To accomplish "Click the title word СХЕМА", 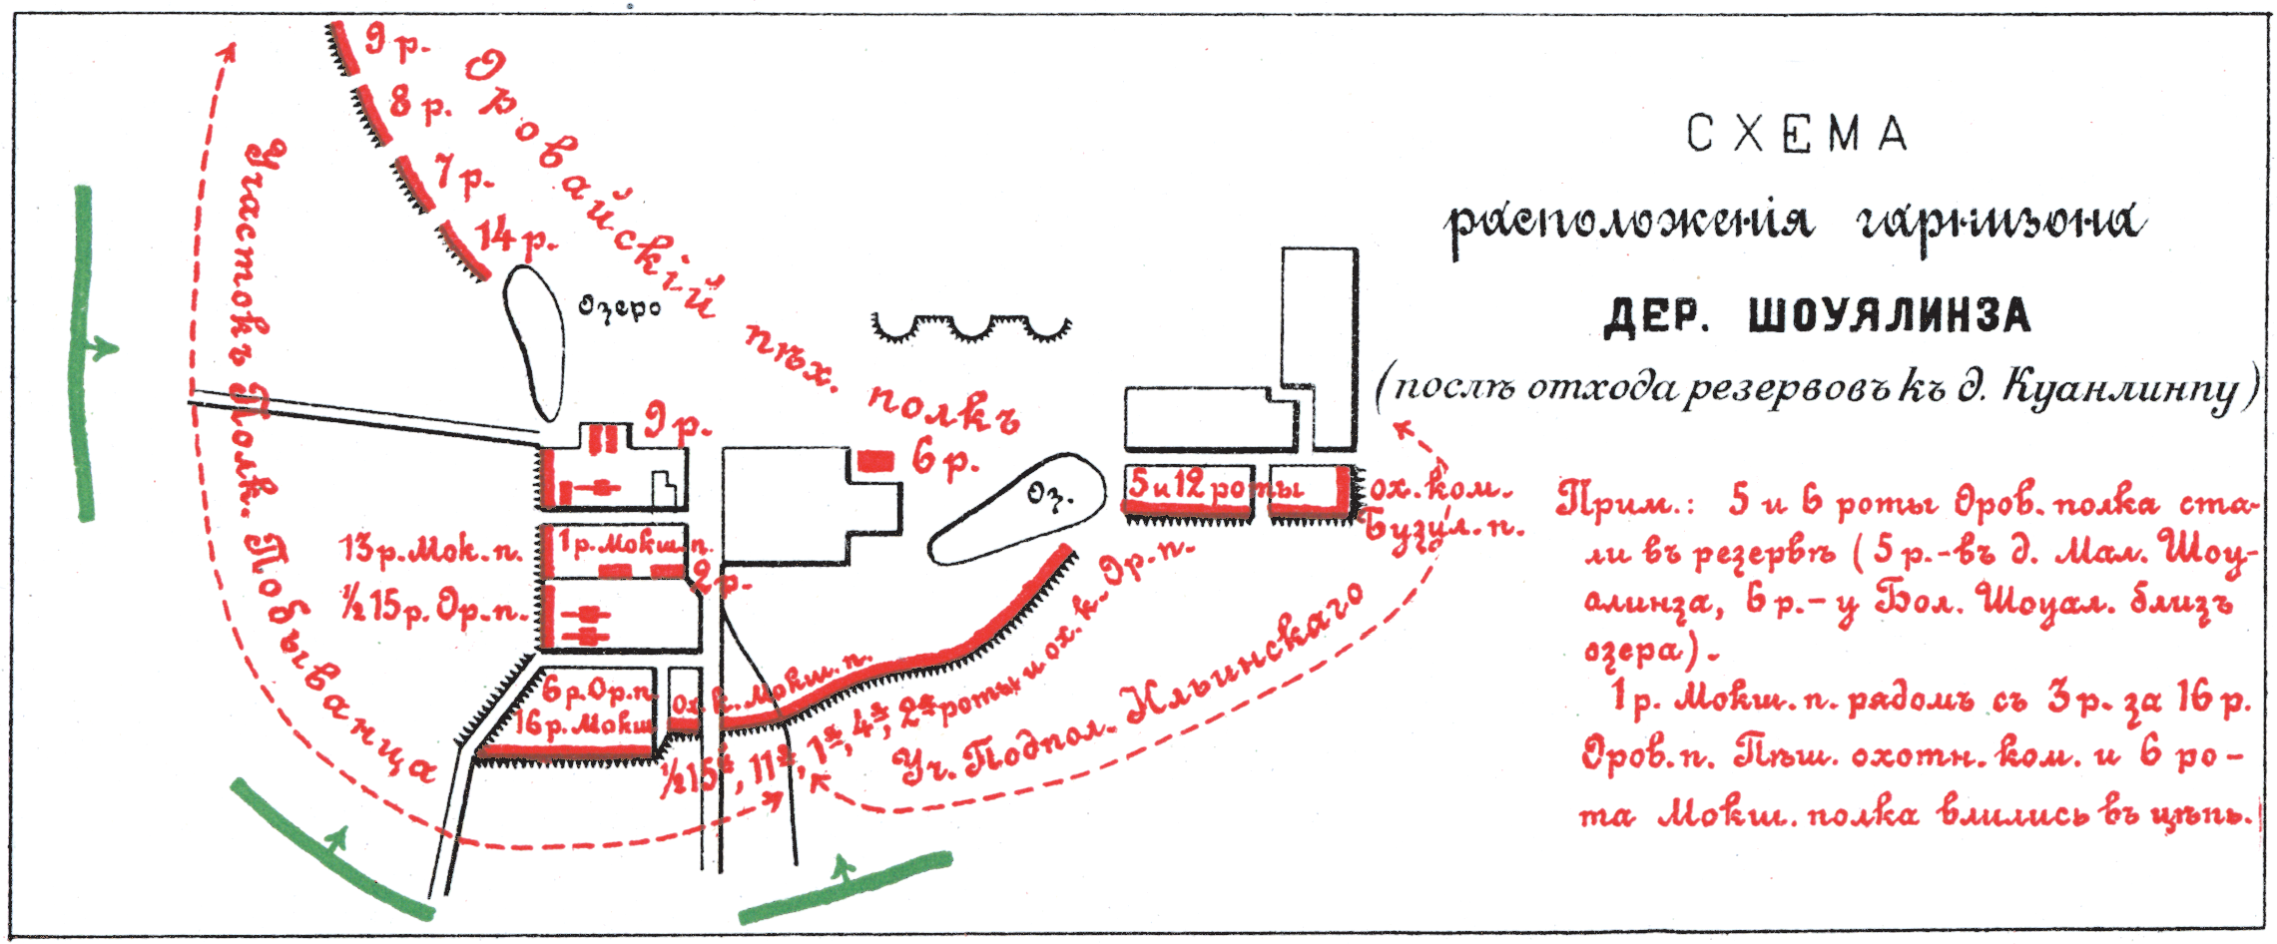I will pyautogui.click(x=1797, y=135).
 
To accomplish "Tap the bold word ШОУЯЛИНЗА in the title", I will pyautogui.click(x=1890, y=316).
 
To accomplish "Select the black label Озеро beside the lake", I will pyautogui.click(x=620, y=306).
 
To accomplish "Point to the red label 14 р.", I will pyautogui.click(x=515, y=237).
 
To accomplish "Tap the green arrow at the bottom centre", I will pyautogui.click(x=845, y=886).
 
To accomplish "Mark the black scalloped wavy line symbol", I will pyautogui.click(x=970, y=328).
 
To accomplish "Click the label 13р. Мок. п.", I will pyautogui.click(x=431, y=550).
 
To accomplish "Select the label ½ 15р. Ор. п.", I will pyautogui.click(x=433, y=607).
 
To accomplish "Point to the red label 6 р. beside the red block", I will pyautogui.click(x=943, y=460).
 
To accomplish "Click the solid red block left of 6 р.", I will pyautogui.click(x=874, y=460).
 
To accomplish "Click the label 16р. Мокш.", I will pyautogui.click(x=584, y=721).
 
